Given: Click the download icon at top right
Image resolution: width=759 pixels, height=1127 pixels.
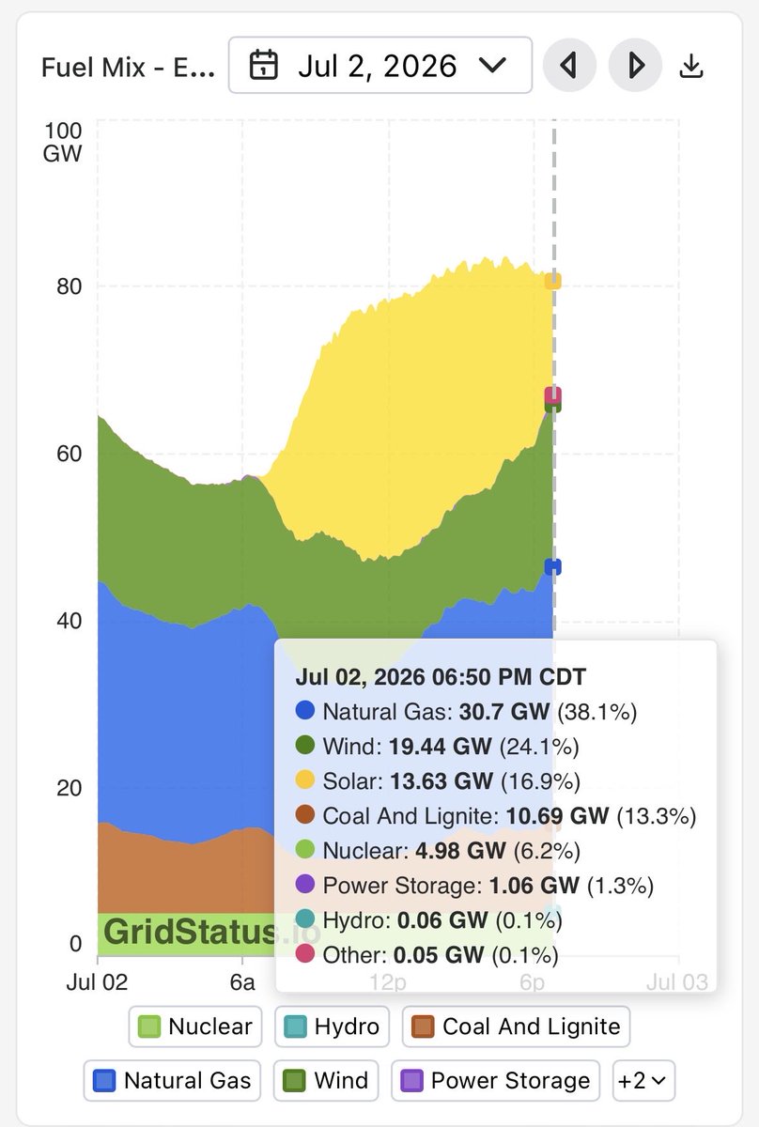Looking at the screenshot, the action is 691,66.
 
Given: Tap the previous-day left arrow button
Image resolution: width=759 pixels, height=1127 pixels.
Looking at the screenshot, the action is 569,65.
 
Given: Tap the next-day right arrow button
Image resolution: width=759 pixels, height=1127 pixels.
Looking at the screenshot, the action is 635,65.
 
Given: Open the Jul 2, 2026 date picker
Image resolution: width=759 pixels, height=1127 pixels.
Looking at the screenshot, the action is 380,65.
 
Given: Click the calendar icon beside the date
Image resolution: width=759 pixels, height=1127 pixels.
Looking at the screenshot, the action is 263,65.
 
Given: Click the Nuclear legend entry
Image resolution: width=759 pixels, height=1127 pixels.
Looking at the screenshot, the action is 195,1027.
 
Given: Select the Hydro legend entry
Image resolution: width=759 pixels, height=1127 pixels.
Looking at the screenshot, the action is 332,1027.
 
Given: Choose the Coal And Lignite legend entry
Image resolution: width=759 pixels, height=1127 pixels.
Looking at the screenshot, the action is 516,1027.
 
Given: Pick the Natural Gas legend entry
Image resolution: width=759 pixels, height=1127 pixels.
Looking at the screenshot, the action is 172,1081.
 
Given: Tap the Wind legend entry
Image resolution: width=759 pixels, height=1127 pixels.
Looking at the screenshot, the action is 326,1081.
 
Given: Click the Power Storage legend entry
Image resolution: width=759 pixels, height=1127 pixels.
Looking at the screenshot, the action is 495,1081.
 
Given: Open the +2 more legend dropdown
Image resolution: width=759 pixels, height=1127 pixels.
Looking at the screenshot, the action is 643,1081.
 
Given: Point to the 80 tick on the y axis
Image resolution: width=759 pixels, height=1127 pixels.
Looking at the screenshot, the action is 69,286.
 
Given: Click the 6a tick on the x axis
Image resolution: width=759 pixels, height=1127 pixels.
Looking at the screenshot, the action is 242,982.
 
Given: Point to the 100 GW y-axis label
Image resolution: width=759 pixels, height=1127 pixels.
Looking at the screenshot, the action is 62,143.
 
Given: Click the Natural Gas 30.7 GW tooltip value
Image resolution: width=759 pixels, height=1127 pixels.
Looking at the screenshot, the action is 504,712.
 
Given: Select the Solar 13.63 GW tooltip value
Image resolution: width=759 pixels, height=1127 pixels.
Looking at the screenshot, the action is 441,781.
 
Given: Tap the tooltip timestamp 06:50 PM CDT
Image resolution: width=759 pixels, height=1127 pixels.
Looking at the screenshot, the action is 509,677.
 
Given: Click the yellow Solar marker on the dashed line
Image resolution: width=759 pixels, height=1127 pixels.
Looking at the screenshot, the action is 553,281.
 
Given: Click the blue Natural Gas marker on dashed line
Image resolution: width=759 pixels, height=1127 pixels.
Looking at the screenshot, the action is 553,566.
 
